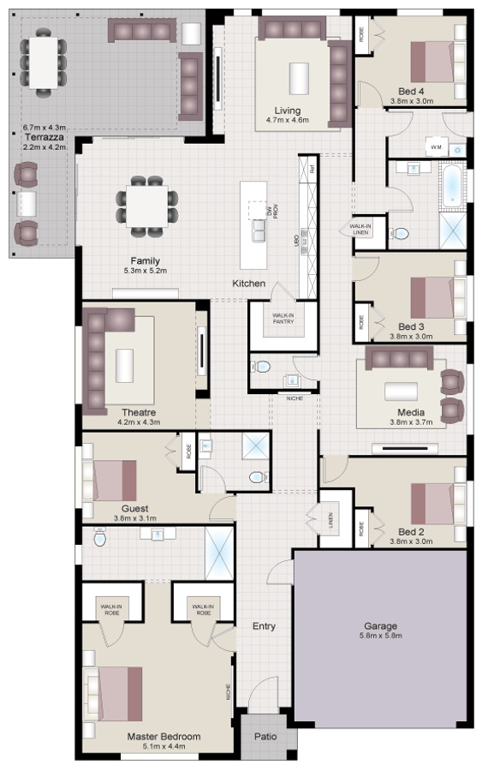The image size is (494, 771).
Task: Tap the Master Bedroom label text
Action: click(164, 736)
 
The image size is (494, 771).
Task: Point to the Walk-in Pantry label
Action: click(283, 319)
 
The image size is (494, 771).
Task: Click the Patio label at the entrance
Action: click(264, 735)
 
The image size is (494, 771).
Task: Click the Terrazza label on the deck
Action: click(41, 136)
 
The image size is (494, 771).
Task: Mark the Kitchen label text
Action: click(249, 284)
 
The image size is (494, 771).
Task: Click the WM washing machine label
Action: click(435, 147)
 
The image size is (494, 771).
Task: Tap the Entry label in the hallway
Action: click(264, 626)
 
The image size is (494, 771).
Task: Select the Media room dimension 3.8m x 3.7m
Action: click(411, 422)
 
